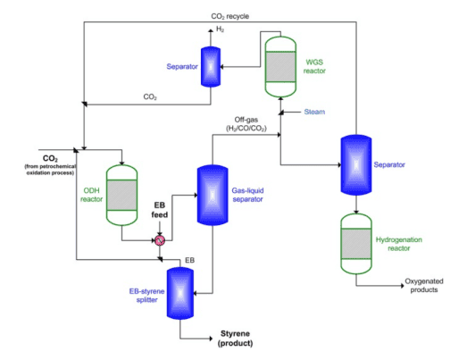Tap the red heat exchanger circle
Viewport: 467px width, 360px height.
[x=161, y=240]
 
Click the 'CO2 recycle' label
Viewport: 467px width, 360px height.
[x=229, y=16]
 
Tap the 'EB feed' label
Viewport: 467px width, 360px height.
[x=161, y=211]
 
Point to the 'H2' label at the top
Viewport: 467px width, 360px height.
[x=222, y=29]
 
